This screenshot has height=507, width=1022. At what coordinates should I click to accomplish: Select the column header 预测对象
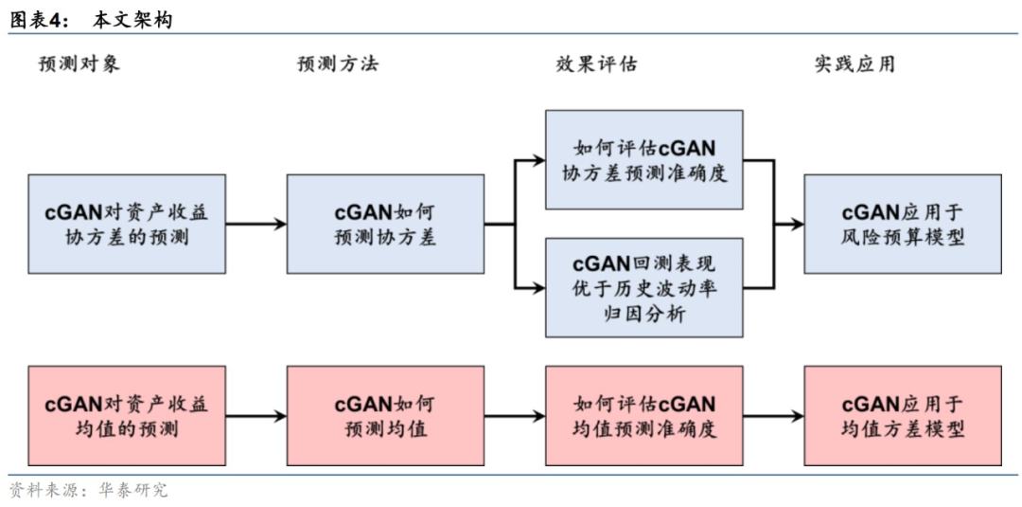79,64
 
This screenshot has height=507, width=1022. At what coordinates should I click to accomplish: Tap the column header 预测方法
338,64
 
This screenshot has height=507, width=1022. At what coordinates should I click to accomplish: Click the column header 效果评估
596,64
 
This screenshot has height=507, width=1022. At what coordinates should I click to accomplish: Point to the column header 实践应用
855,64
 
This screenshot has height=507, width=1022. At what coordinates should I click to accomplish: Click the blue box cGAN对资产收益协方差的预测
127,224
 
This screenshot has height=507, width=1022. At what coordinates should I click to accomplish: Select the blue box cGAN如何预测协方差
385,224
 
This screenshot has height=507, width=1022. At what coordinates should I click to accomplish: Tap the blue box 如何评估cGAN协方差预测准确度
643,160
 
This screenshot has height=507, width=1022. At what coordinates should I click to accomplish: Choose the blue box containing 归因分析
643,288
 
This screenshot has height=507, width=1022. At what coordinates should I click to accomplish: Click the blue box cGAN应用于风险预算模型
902,224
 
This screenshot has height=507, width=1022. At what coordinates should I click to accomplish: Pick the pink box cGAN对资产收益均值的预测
127,416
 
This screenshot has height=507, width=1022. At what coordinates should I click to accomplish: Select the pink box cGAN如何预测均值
385,416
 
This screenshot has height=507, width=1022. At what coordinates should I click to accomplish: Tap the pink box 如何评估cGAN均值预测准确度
643,416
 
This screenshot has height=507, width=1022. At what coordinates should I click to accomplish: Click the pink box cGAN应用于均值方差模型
902,416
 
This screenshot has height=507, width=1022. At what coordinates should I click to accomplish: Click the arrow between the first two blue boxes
255,225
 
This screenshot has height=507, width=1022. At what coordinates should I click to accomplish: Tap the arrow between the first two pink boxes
255,416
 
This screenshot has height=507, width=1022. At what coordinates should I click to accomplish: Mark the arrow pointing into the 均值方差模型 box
772,416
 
